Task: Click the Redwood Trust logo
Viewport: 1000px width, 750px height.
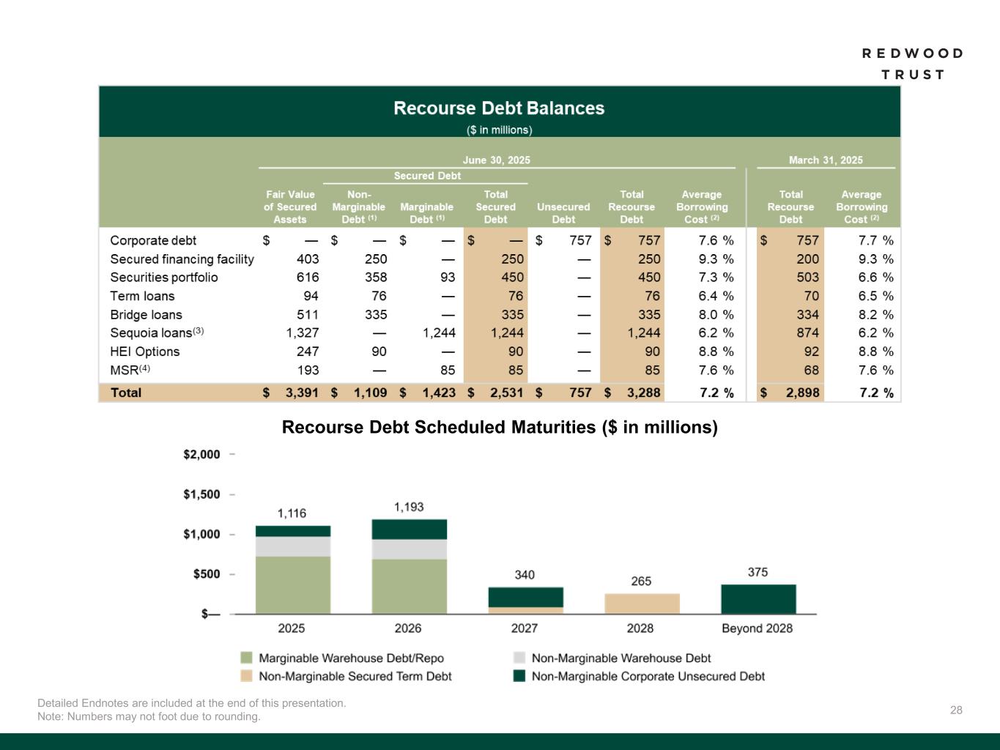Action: click(x=912, y=64)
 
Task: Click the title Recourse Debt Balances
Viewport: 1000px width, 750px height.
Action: click(x=499, y=108)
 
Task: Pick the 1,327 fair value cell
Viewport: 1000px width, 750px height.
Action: click(x=302, y=333)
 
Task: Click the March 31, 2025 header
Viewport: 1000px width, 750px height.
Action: click(x=826, y=160)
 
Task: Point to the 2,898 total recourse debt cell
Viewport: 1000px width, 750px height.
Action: click(x=802, y=393)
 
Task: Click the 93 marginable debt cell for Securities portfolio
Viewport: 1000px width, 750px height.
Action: click(x=447, y=278)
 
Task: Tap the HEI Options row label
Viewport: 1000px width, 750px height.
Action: click(x=144, y=352)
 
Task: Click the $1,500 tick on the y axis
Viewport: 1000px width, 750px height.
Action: click(x=201, y=494)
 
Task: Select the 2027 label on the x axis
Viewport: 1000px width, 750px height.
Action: click(x=525, y=628)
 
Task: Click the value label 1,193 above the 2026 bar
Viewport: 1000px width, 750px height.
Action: click(x=409, y=507)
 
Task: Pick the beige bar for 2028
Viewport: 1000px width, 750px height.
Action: click(x=642, y=604)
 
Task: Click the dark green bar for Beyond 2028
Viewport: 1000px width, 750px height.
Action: click(x=758, y=599)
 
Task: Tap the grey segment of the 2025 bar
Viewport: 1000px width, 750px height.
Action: click(x=292, y=546)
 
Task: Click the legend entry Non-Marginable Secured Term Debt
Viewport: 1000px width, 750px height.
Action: click(x=355, y=677)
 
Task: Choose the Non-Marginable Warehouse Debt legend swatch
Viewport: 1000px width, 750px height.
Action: click(x=519, y=658)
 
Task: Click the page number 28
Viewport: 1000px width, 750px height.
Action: click(x=956, y=710)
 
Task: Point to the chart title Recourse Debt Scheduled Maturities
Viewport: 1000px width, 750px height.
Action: click(x=499, y=427)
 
